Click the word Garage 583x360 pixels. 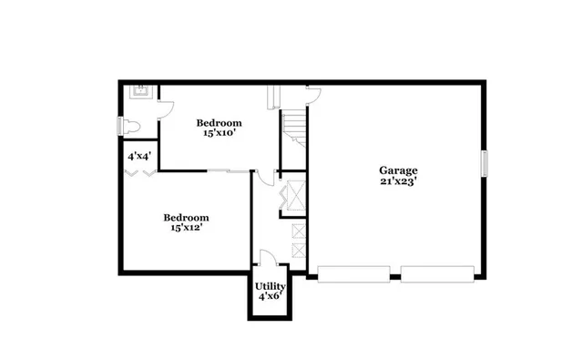(x=399, y=170)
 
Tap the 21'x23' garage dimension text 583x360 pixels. (x=399, y=181)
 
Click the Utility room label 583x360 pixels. (x=271, y=285)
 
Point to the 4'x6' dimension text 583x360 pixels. (x=271, y=296)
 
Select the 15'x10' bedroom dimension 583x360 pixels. (x=220, y=133)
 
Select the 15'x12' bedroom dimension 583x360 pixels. (x=186, y=228)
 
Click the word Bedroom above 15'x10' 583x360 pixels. (x=220, y=122)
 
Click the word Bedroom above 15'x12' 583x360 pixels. (x=186, y=217)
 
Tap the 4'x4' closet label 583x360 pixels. (x=139, y=157)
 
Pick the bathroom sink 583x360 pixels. (x=142, y=90)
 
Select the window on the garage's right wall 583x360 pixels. (x=485, y=162)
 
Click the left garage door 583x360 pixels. (x=354, y=273)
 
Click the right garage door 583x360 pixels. (x=437, y=273)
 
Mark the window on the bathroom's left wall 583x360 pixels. (x=118, y=126)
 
